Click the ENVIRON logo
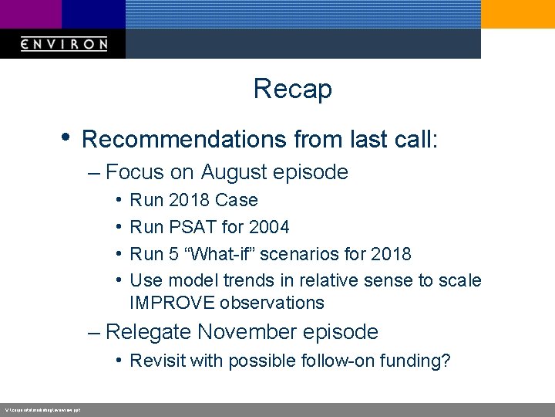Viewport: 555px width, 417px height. [x=64, y=44]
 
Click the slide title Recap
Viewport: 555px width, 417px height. [x=292, y=89]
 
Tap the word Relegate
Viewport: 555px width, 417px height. [x=149, y=332]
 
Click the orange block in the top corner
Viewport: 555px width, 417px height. [x=517, y=14]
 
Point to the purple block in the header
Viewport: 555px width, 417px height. [x=30, y=14]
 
